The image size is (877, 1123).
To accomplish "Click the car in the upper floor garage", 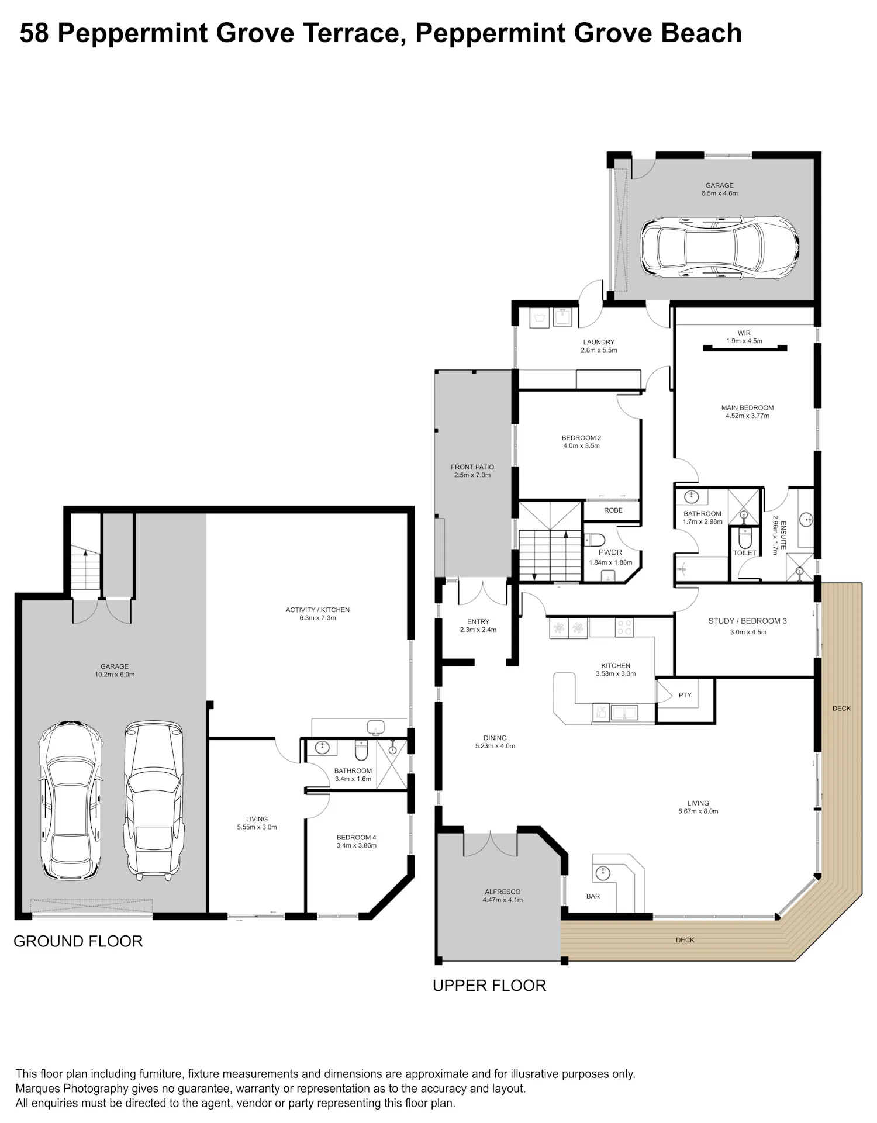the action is click(720, 247).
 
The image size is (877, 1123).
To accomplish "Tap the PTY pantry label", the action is click(685, 695).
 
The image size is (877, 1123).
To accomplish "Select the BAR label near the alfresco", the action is click(593, 896).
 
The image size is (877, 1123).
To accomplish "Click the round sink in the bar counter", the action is click(602, 874).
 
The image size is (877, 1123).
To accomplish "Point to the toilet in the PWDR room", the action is click(595, 540).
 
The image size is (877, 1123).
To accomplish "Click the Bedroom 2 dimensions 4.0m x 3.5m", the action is click(581, 446).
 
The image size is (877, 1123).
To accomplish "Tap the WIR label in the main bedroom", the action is click(744, 333).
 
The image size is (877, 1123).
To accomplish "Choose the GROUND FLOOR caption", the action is click(78, 942).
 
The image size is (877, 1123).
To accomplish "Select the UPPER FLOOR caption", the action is click(489, 986).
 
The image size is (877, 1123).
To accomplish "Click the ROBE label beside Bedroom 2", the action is click(613, 510).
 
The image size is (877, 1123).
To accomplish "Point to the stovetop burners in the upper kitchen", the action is click(624, 628).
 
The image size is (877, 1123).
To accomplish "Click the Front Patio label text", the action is click(472, 467).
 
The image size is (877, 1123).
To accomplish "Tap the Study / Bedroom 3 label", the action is click(747, 621).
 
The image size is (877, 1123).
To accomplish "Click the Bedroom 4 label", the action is click(356, 838).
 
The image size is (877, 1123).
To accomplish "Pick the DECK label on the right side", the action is click(841, 709).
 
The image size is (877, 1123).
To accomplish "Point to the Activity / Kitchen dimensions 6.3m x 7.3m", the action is click(317, 618).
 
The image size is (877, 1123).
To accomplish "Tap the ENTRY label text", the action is click(478, 622).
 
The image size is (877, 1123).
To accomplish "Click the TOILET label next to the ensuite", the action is click(744, 553).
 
